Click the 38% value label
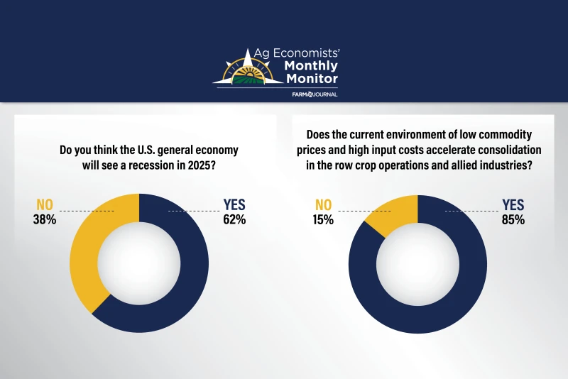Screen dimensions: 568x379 (x=45, y=220)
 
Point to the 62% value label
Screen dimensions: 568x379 (x=234, y=220)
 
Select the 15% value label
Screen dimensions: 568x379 (x=323, y=220)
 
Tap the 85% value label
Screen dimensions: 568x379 (x=513, y=220)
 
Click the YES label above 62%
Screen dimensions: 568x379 (x=234, y=204)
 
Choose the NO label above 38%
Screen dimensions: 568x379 (x=45, y=205)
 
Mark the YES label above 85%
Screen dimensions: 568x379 (x=513, y=205)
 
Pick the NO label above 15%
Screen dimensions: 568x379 (x=324, y=205)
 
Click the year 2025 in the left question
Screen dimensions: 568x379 (x=202, y=165)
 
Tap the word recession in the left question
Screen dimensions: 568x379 (x=151, y=165)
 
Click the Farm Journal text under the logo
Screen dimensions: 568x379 (x=315, y=94)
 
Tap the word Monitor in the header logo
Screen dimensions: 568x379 (x=312, y=78)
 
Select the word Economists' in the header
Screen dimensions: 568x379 (x=307, y=53)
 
